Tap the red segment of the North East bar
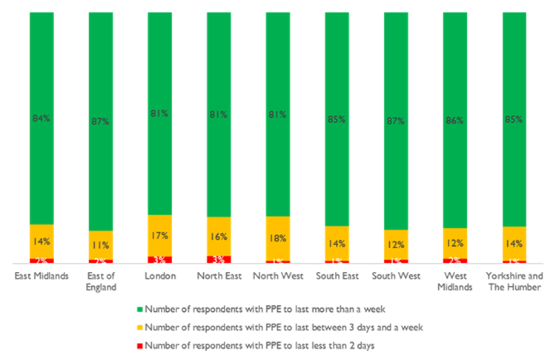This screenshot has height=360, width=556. (219, 259)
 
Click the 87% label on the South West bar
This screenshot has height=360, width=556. (397, 119)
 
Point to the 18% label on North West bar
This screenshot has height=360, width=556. (279, 239)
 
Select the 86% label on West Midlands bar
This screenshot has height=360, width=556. (456, 119)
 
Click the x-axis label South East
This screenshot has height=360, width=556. (337, 276)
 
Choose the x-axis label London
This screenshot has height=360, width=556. (160, 276)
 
